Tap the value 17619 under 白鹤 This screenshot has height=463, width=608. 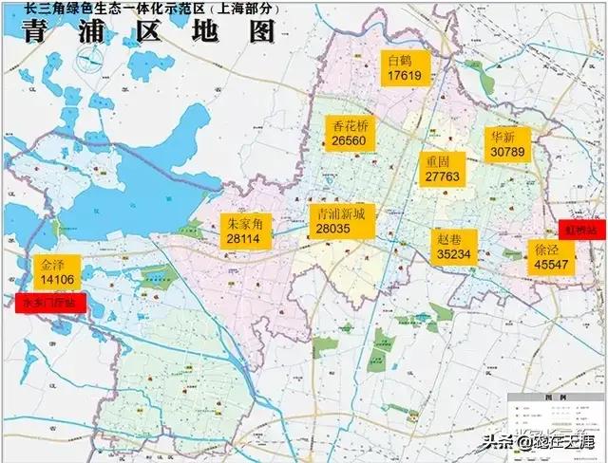[x=404, y=76]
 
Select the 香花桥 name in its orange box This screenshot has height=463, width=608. [x=350, y=125]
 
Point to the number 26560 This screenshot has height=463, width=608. [x=350, y=140]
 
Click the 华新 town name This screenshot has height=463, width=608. [x=503, y=136]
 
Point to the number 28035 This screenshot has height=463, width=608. [x=339, y=229]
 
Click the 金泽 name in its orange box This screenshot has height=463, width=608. [x=53, y=264]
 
